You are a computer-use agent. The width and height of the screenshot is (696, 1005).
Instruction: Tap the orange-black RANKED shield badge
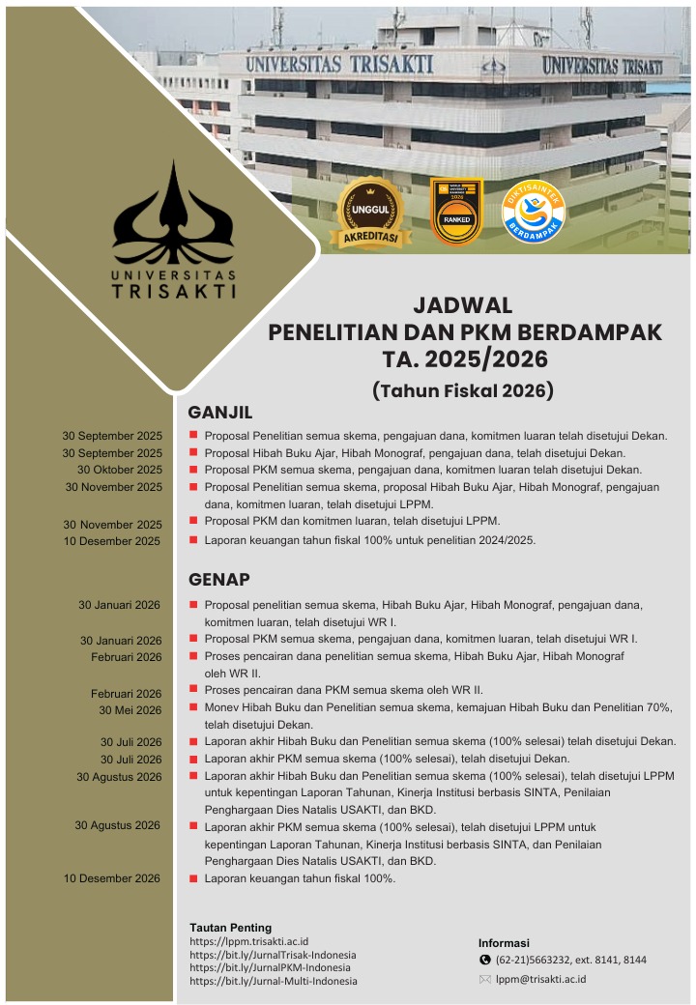point(455,212)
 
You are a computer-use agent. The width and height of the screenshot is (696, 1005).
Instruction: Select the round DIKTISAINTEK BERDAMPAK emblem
point(534,212)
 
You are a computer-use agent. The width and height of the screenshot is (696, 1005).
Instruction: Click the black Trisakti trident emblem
point(174,218)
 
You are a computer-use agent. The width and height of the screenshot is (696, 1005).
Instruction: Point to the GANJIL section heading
point(219,414)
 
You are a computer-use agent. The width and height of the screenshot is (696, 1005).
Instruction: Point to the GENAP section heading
point(219,580)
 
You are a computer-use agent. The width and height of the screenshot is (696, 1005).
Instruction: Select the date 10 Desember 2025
point(112,541)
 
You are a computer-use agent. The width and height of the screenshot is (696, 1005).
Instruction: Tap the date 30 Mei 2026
point(130,710)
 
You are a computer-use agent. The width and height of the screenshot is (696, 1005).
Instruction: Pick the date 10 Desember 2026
point(112,878)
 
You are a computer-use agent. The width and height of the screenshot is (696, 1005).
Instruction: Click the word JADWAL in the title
point(463,306)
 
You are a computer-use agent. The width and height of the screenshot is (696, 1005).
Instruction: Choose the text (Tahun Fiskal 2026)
point(463,390)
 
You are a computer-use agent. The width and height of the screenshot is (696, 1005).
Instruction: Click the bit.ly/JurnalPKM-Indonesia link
point(270,967)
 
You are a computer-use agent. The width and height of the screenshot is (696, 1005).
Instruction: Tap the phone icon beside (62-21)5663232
point(485,960)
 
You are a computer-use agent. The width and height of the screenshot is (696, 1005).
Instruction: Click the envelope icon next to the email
point(485,979)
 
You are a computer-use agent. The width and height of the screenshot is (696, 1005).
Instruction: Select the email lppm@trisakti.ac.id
point(540,979)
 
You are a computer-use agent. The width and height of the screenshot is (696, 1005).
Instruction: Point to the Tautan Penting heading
point(230,928)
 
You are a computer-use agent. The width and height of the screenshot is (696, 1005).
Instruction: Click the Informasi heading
point(504,943)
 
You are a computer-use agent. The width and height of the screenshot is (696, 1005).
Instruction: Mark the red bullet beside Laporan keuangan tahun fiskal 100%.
point(194,878)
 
